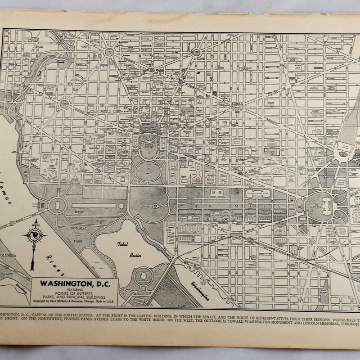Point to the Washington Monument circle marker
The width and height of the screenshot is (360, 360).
(x=155, y=206)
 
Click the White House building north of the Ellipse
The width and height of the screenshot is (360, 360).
(x=148, y=135)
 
